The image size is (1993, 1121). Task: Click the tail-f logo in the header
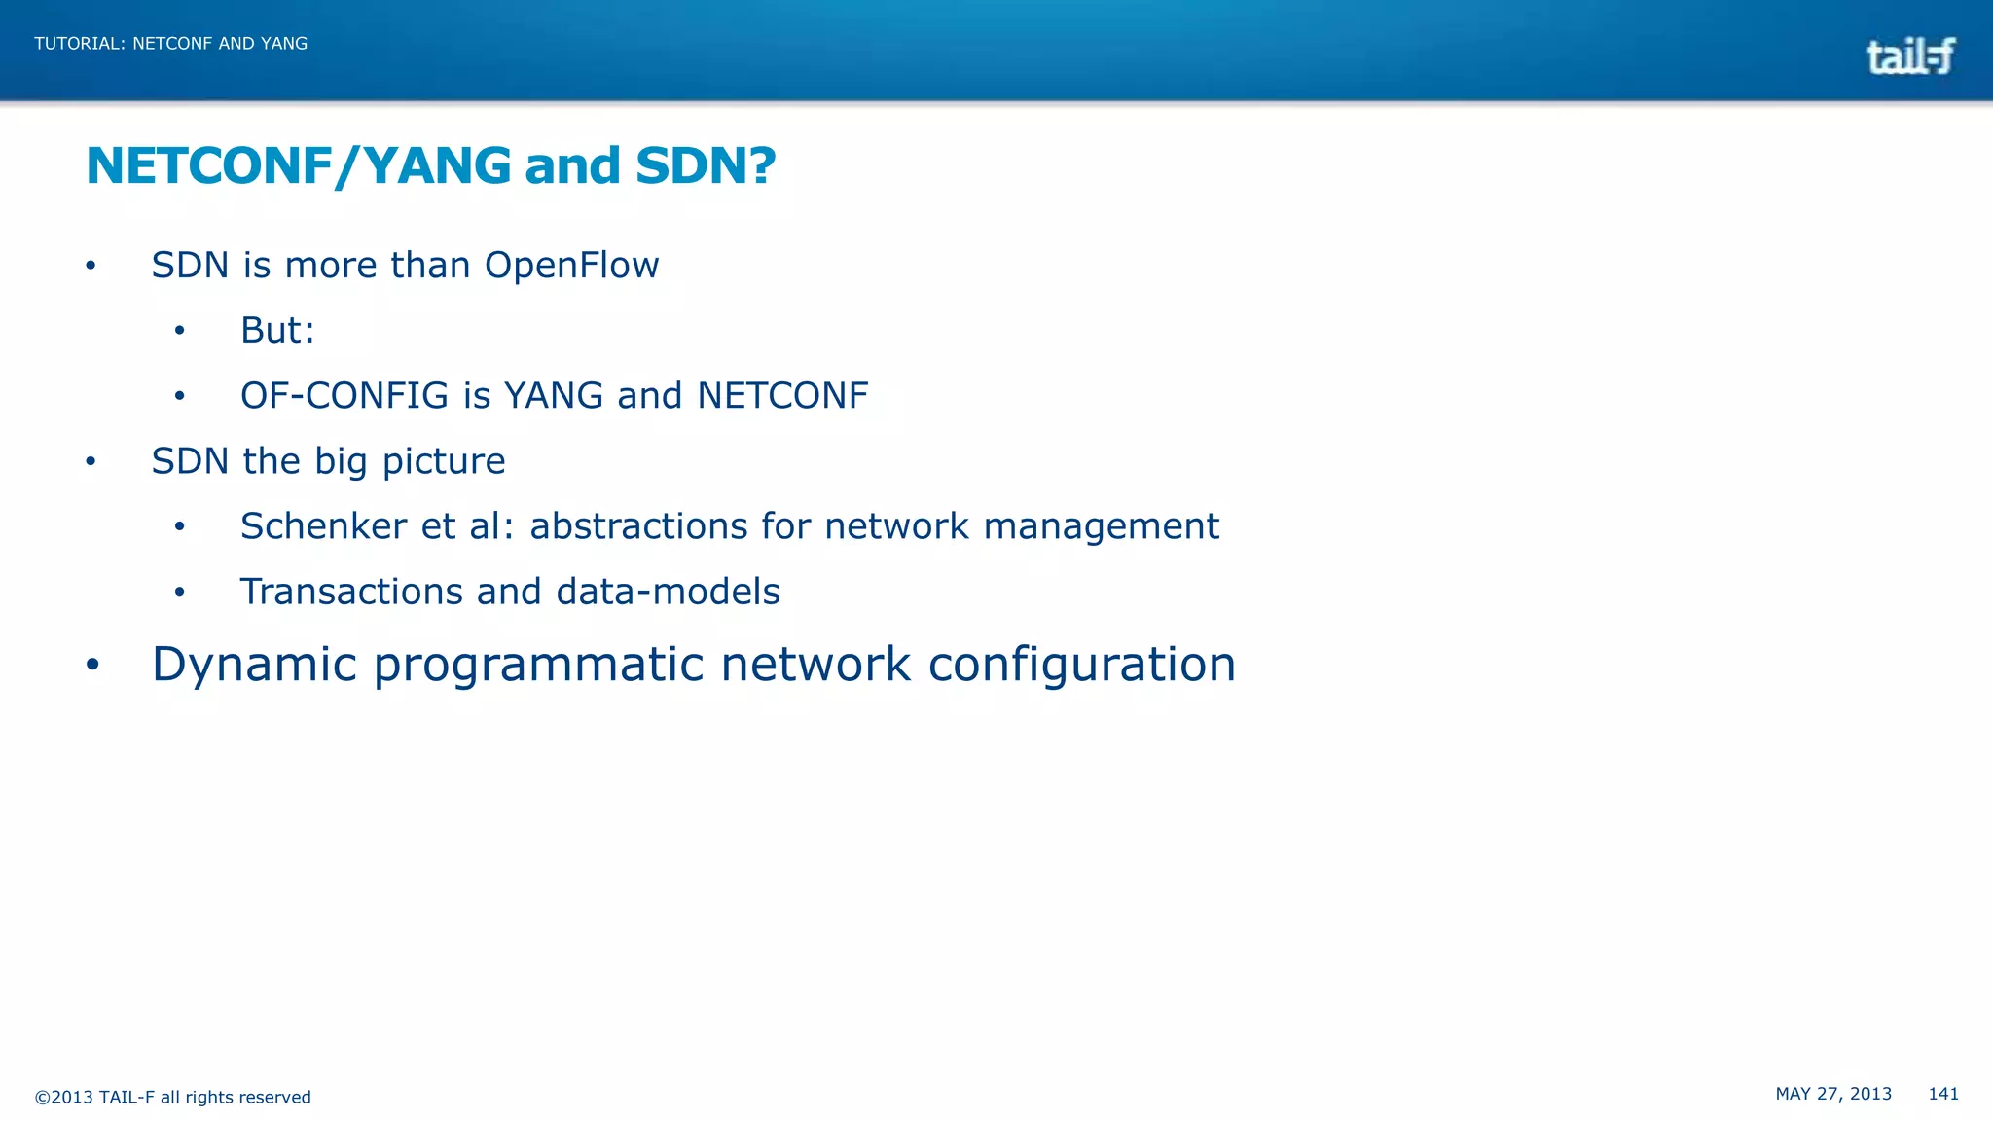[1909, 56]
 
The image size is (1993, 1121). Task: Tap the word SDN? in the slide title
[706, 165]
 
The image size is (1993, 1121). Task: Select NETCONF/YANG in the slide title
[298, 165]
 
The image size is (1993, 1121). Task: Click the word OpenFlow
[571, 266]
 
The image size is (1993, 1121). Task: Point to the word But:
[277, 331]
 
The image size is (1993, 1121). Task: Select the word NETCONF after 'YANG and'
[782, 396]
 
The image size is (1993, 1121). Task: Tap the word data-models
[668, 592]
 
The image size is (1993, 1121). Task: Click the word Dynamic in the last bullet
[254, 665]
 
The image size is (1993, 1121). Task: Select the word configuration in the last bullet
[1081, 665]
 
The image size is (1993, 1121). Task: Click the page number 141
[1942, 1094]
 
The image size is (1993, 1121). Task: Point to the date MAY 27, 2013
[1833, 1094]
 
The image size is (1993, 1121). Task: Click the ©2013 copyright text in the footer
[172, 1097]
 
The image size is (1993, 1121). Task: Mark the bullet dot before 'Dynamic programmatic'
[92, 665]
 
